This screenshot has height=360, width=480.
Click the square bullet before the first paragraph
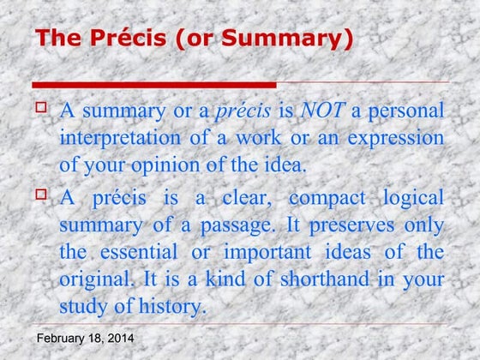(x=40, y=108)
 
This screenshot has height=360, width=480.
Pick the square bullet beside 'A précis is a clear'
(x=40, y=195)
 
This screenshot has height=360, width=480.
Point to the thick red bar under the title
(x=154, y=84)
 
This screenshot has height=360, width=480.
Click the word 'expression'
(x=395, y=138)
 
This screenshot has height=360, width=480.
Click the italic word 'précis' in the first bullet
(x=244, y=111)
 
